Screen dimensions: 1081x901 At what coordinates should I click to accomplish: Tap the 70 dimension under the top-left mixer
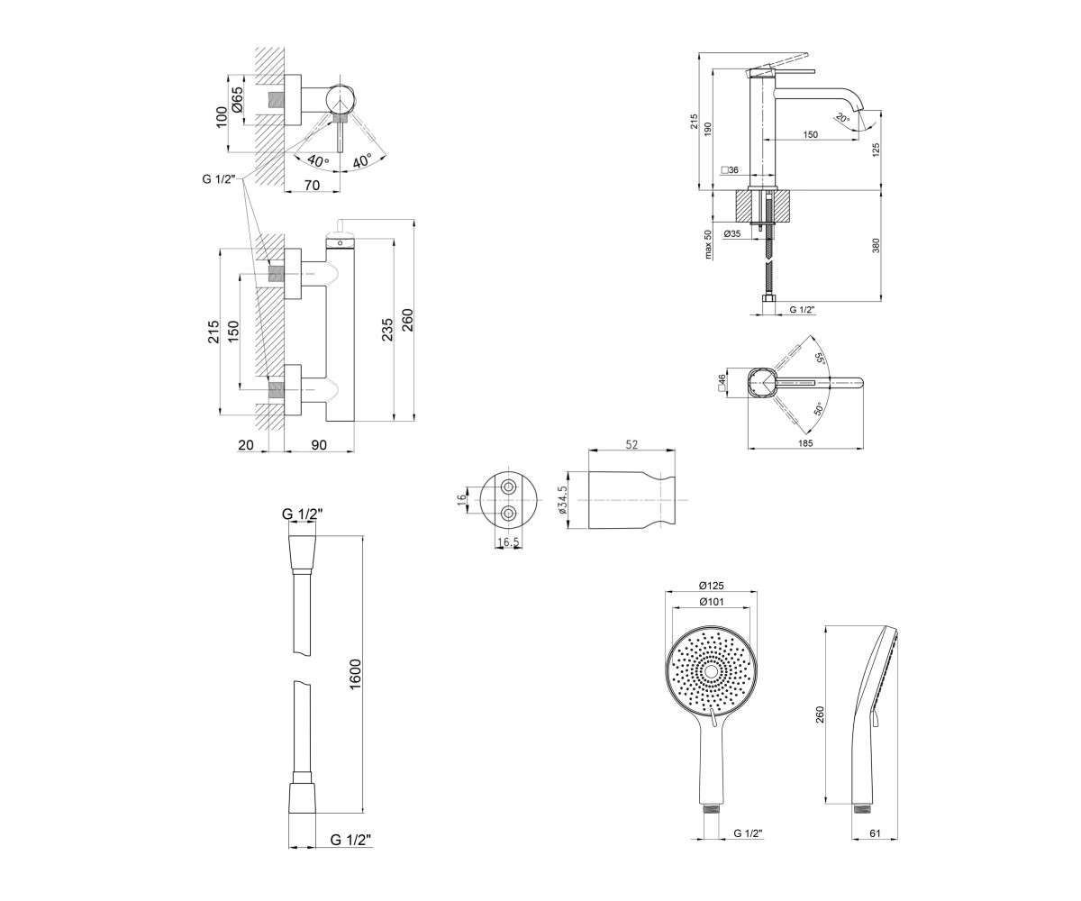coord(313,185)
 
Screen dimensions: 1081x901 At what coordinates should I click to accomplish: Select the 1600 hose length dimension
coord(355,674)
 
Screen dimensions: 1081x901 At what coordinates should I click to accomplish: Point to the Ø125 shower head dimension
coord(712,586)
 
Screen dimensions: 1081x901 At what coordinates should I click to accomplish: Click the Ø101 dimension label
coord(712,602)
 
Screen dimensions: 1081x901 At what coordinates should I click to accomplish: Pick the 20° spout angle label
coord(842,118)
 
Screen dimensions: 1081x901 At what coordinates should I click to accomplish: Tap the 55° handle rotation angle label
coord(819,359)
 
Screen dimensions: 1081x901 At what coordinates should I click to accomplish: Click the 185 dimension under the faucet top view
coord(805,443)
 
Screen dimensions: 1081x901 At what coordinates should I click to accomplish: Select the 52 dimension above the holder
coord(631,444)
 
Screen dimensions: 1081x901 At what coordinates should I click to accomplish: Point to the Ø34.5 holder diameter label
coord(563,500)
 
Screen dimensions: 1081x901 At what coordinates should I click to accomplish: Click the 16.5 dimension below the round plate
coord(508,542)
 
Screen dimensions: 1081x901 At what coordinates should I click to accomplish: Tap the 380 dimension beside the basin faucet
coord(876,245)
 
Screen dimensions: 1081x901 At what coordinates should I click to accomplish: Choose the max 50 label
coord(708,244)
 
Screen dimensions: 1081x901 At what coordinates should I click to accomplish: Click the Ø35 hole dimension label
coord(732,233)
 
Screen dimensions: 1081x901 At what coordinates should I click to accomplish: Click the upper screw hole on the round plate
coord(509,487)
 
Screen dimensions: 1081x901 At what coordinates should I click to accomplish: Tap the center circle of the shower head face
coord(711,671)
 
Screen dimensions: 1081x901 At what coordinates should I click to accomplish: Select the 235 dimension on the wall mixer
coord(387,330)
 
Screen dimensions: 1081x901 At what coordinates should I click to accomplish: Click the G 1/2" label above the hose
coord(303,514)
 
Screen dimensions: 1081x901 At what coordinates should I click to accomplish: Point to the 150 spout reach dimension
coord(810,134)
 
